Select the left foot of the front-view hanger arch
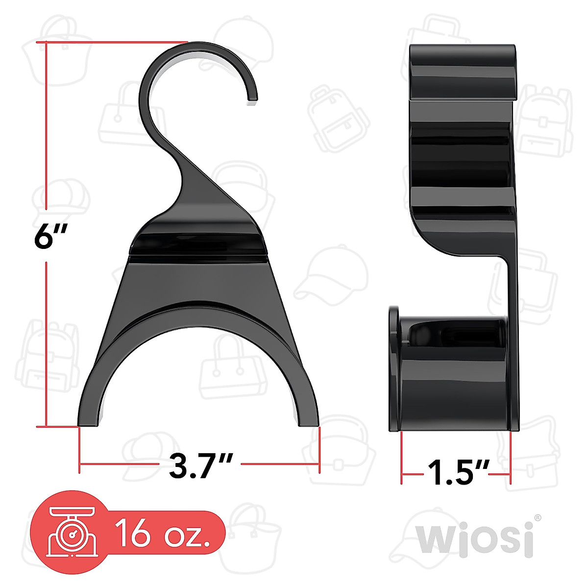point(90,416)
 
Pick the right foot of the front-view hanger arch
point(307,416)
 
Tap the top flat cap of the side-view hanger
point(463,71)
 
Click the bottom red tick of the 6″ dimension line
point(47,427)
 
